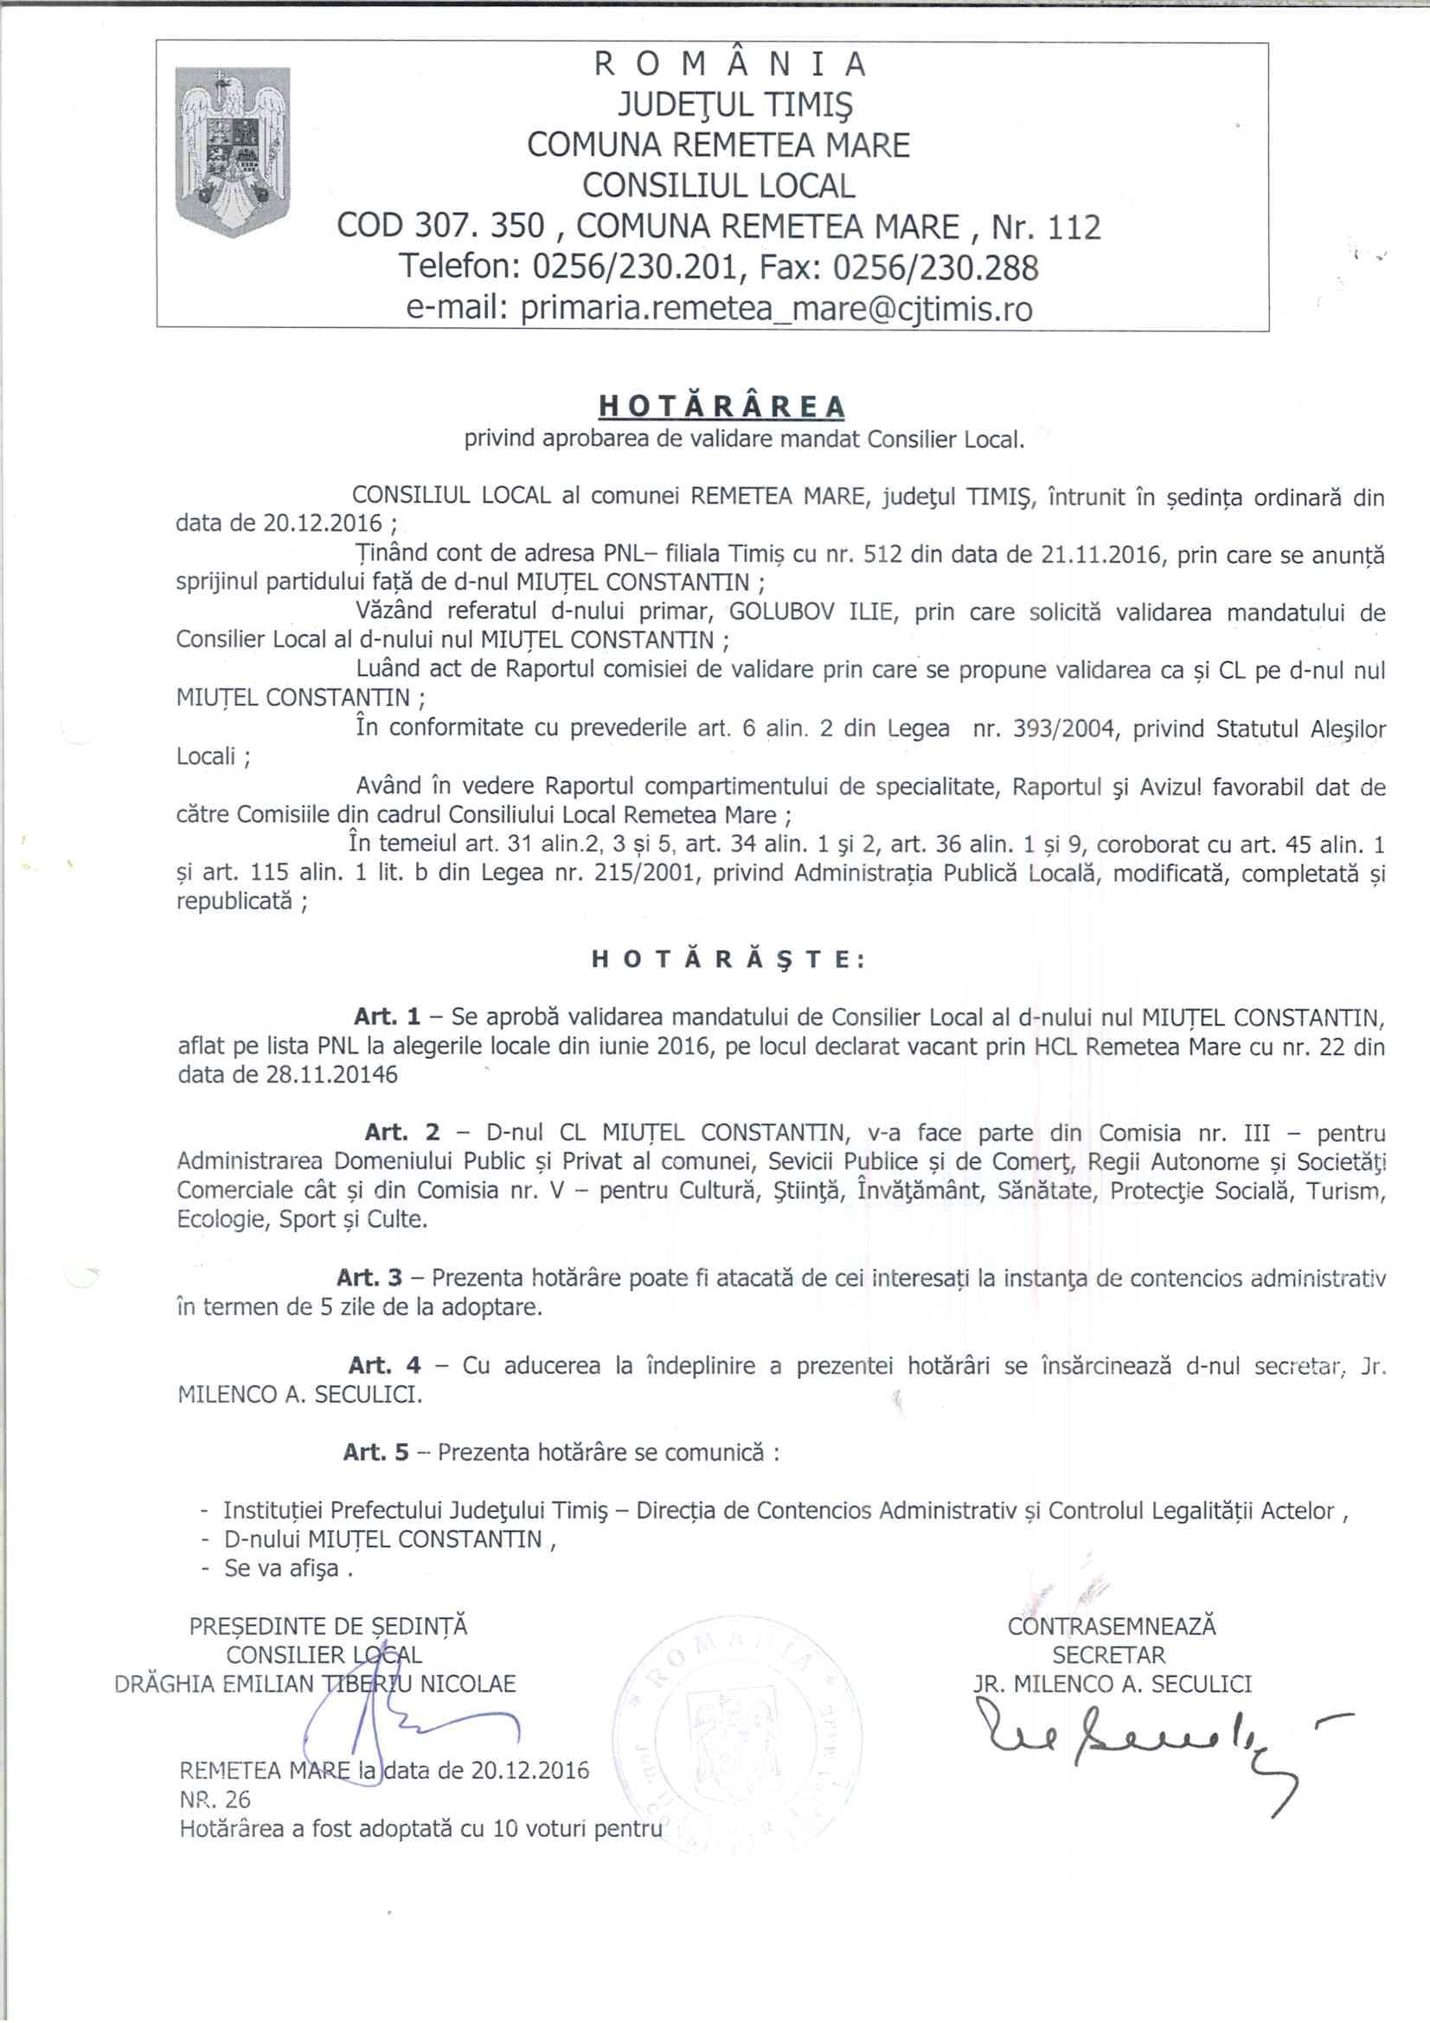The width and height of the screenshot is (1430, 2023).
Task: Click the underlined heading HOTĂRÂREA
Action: (721, 406)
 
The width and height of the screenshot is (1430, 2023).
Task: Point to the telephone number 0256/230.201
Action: (634, 268)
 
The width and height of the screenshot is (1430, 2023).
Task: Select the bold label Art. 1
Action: (388, 1017)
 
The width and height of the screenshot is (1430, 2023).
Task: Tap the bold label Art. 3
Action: (369, 1278)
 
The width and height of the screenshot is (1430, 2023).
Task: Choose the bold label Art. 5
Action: (376, 1452)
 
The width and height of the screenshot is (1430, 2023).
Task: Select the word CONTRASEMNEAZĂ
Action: (1111, 1626)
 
